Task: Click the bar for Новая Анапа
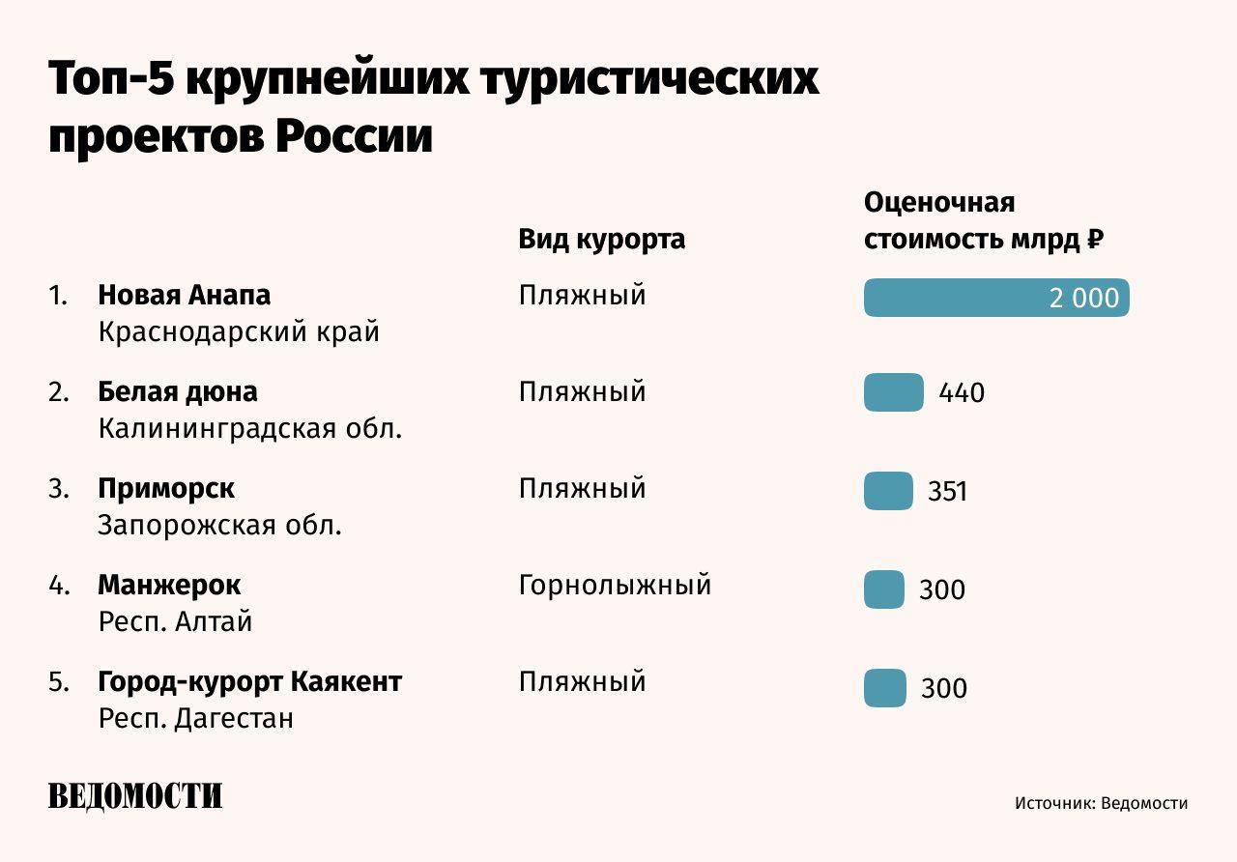[x=995, y=298]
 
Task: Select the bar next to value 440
[x=893, y=392]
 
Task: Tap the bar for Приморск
[x=888, y=491]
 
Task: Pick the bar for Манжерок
[x=883, y=589]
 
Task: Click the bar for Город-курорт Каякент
[x=884, y=688]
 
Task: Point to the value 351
[x=947, y=492]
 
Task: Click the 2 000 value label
[x=1083, y=299]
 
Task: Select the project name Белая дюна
[x=178, y=391]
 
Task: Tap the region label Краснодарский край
[x=239, y=332]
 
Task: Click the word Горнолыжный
[x=615, y=585]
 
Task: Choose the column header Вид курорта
[x=601, y=239]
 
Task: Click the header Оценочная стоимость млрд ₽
[x=983, y=221]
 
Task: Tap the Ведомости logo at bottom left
[x=135, y=796]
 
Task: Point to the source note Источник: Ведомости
[x=1101, y=803]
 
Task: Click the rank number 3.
[x=58, y=489]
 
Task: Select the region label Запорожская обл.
[x=220, y=526]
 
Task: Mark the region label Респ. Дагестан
[x=195, y=719]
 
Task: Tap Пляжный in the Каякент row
[x=582, y=681]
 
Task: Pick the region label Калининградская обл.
[x=249, y=429]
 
